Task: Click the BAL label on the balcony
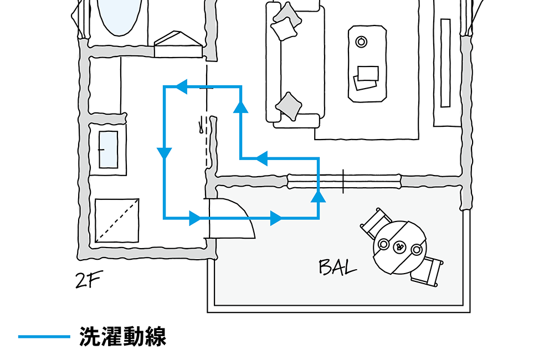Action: (x=337, y=268)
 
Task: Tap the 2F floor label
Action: (x=88, y=281)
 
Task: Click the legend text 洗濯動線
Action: (x=122, y=337)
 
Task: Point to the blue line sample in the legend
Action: (x=44, y=337)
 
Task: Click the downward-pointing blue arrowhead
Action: (x=164, y=153)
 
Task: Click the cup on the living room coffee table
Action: (x=361, y=41)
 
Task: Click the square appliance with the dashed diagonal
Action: (x=116, y=220)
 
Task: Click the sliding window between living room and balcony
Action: (x=343, y=181)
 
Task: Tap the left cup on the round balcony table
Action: (x=383, y=244)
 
